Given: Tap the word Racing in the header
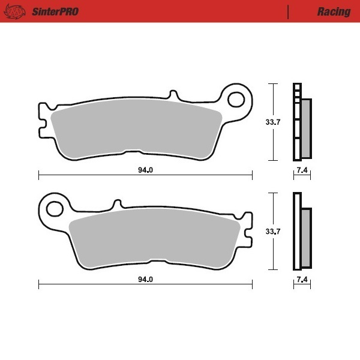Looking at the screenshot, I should pyautogui.click(x=334, y=11).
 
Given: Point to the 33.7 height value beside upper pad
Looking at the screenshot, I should pyautogui.click(x=273, y=122).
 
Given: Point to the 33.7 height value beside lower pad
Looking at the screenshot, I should pyautogui.click(x=273, y=232).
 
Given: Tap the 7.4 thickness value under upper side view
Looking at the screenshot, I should pyautogui.click(x=302, y=171).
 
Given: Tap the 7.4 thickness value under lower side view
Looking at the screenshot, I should pyautogui.click(x=302, y=280).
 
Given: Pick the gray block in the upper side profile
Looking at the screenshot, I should pyautogui.click(x=306, y=126).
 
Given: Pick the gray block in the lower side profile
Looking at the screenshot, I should pyautogui.click(x=306, y=237).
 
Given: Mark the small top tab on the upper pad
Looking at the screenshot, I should pyautogui.click(x=173, y=96).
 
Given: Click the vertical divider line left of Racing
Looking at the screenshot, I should pyautogui.click(x=289, y=11).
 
